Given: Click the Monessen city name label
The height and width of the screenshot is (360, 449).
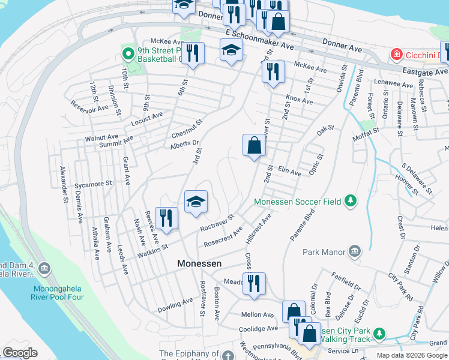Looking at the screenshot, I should click(199, 263).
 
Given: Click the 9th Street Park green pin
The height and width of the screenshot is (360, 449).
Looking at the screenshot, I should click(127, 54).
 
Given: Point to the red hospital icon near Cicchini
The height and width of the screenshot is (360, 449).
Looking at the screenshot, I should click(396, 55).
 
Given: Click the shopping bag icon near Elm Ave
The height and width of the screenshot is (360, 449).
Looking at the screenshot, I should click(254, 145).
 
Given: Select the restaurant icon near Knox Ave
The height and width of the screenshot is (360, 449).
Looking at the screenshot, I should click(273, 72).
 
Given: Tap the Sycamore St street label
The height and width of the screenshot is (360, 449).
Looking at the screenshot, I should click(93, 184).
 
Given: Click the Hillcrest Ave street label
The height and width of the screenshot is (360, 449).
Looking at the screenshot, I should click(259, 230).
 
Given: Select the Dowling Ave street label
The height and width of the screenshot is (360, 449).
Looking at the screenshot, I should click(175, 305).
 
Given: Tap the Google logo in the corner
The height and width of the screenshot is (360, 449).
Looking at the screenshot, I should click(20, 353).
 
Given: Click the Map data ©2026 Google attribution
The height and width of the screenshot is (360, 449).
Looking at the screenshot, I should click(412, 355).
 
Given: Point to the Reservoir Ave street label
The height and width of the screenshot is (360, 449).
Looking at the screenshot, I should click(89, 107).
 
